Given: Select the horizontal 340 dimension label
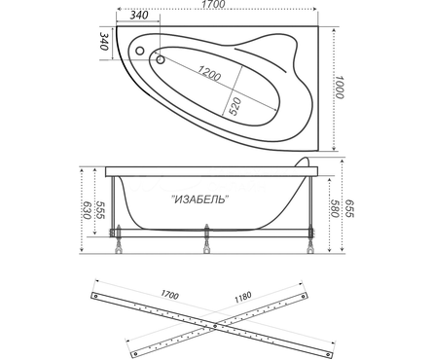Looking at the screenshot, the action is [138, 15].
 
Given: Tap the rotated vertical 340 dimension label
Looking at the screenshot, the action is [103, 41].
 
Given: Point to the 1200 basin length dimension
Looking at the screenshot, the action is [209, 73].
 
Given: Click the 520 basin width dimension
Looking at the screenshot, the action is [235, 106].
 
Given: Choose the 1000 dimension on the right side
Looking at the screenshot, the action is [340, 87].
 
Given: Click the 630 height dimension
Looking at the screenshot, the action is [87, 210].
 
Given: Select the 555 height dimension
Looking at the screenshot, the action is [100, 210].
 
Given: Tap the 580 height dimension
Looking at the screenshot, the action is [335, 208].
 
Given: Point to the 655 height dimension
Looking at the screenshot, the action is [349, 208].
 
